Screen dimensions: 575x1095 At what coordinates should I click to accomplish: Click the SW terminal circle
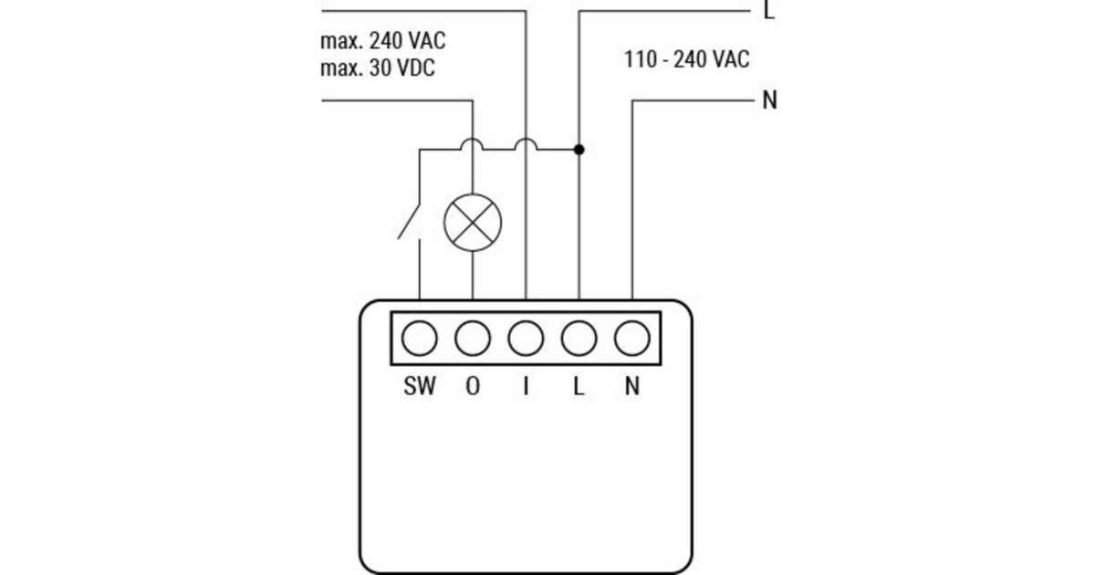(x=419, y=340)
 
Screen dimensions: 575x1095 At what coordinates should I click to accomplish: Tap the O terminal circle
(x=473, y=340)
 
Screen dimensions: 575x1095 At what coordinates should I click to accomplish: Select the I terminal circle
(x=526, y=340)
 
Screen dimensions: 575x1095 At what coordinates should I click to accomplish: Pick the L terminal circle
(x=579, y=340)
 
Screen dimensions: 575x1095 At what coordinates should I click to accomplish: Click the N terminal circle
(x=631, y=340)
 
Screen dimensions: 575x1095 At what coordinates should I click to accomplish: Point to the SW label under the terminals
(x=420, y=386)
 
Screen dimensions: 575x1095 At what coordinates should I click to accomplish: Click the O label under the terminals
(x=473, y=386)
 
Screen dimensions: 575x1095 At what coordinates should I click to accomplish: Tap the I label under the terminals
(x=526, y=386)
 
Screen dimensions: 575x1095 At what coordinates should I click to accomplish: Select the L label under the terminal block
(x=579, y=386)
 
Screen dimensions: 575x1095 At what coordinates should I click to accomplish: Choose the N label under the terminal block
(x=632, y=386)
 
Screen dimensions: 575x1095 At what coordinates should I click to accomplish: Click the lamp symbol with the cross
(x=473, y=222)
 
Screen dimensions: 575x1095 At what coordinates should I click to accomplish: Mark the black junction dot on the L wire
(x=579, y=149)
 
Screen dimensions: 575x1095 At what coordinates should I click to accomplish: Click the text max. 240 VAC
(x=383, y=41)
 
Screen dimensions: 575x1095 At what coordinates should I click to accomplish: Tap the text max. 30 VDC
(x=378, y=68)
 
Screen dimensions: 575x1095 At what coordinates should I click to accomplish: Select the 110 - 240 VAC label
(x=687, y=59)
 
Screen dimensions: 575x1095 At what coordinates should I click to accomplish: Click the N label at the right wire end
(x=769, y=100)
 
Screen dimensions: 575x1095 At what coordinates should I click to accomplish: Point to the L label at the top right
(x=769, y=11)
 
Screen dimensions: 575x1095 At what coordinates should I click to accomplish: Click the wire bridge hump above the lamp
(x=473, y=143)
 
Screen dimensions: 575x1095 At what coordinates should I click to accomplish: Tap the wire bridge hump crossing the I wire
(x=526, y=143)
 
